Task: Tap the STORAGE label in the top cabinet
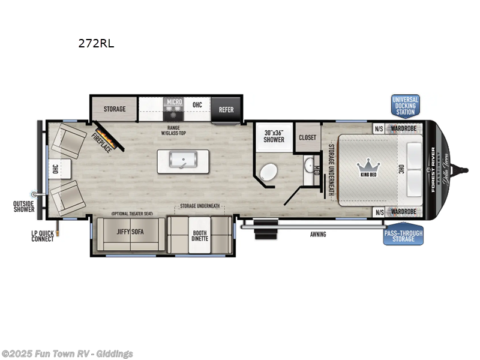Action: [114, 109]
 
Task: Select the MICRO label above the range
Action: [174, 102]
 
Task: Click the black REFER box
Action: [226, 110]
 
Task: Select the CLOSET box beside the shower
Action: [307, 137]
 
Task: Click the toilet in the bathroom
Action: [269, 173]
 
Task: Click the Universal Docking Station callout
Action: [405, 106]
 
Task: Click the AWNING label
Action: [318, 234]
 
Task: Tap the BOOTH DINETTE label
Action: [200, 235]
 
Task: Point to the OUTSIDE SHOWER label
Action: [24, 206]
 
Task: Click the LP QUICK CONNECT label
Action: [43, 235]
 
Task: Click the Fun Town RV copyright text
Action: [67, 354]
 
